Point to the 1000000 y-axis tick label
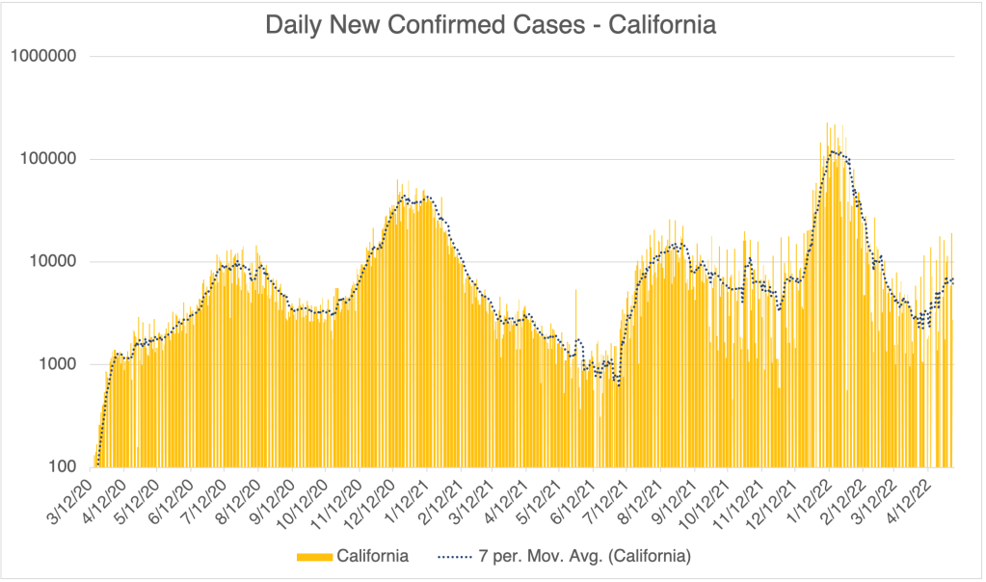click(42, 56)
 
